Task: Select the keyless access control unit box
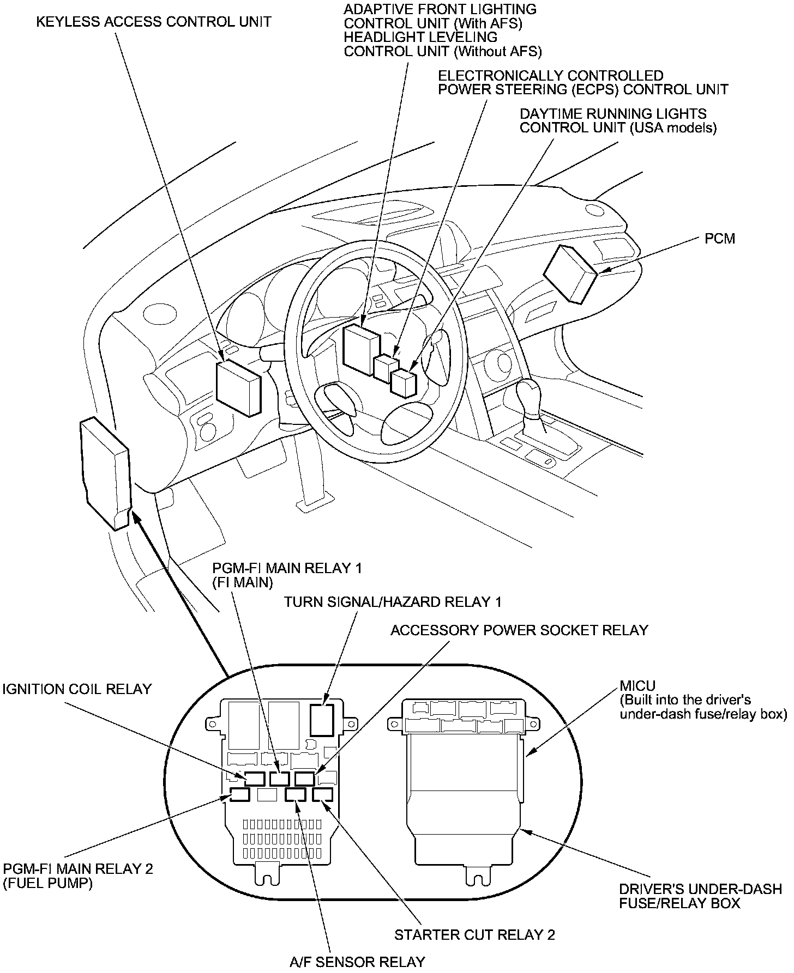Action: pyautogui.click(x=238, y=388)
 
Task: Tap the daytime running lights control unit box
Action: pyautogui.click(x=404, y=383)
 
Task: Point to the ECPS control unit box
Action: pyautogui.click(x=386, y=366)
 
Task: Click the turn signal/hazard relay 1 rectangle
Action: pyautogui.click(x=324, y=720)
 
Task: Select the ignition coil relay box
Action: pyautogui.click(x=255, y=779)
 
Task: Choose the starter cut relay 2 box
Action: pyautogui.click(x=322, y=795)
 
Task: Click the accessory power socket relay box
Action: pyautogui.click(x=305, y=779)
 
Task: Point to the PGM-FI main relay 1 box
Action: pyautogui.click(x=280, y=779)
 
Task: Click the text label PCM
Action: pyautogui.click(x=719, y=239)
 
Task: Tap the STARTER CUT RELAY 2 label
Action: pyautogui.click(x=474, y=935)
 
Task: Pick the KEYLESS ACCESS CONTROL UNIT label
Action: pyautogui.click(x=154, y=22)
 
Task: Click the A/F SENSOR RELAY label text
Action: pyautogui.click(x=357, y=962)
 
